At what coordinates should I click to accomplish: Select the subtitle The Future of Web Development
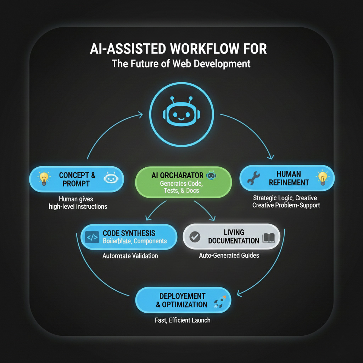pyautogui.click(x=181, y=64)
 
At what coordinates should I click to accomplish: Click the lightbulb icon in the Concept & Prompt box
pyautogui.click(x=44, y=178)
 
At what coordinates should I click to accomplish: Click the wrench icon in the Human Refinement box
pyautogui.click(x=254, y=179)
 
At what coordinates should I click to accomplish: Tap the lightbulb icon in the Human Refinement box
pyautogui.click(x=322, y=177)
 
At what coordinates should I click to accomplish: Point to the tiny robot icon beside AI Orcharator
pyautogui.click(x=211, y=175)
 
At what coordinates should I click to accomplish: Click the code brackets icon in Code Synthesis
pyautogui.click(x=92, y=237)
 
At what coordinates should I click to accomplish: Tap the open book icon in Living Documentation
pyautogui.click(x=268, y=238)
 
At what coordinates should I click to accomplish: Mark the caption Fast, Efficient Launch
pyautogui.click(x=183, y=320)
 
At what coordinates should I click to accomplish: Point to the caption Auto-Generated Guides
pyautogui.click(x=229, y=255)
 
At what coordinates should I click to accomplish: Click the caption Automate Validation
pyautogui.click(x=130, y=256)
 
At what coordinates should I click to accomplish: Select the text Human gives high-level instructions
pyautogui.click(x=78, y=202)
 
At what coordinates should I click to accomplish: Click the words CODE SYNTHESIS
pyautogui.click(x=129, y=233)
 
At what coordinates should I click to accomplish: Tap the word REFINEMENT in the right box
pyautogui.click(x=289, y=183)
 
